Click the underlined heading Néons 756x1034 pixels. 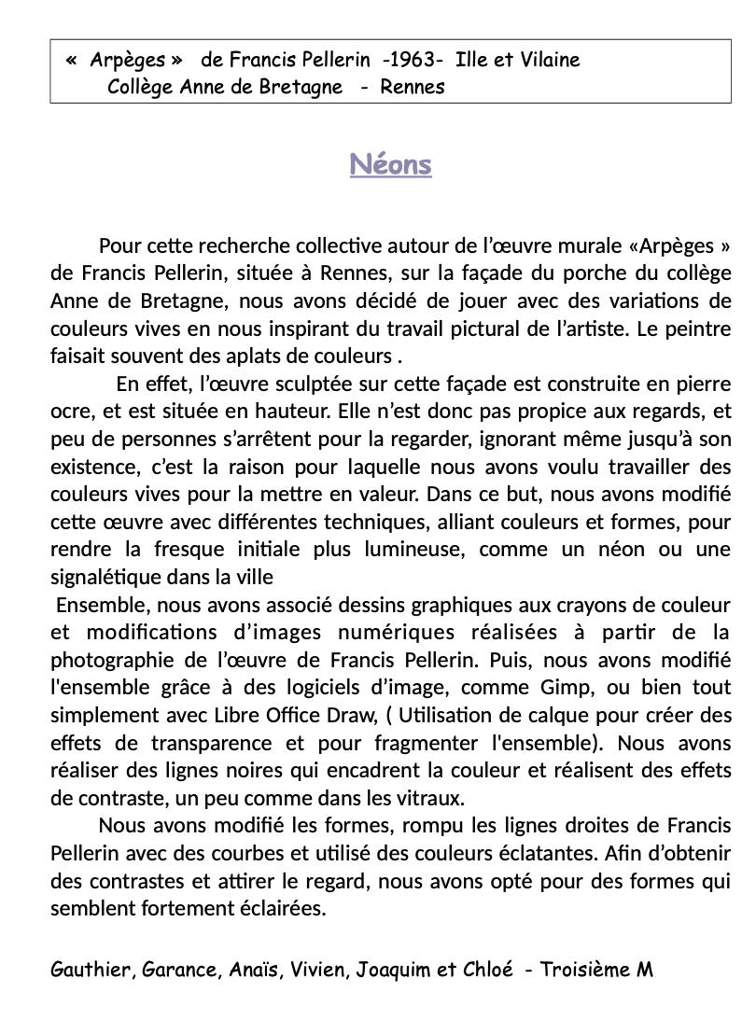pos(390,165)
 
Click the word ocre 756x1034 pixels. pos(69,412)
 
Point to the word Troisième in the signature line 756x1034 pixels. pos(585,970)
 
